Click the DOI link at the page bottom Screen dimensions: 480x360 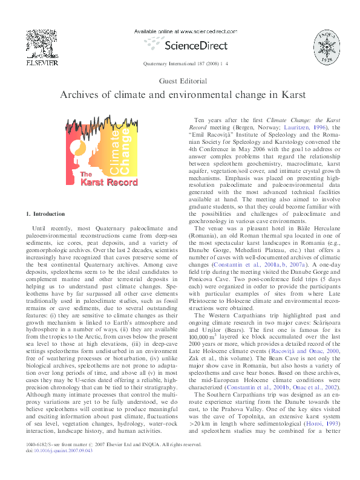pos(65,467)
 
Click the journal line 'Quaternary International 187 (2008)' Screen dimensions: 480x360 pos(182,63)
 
